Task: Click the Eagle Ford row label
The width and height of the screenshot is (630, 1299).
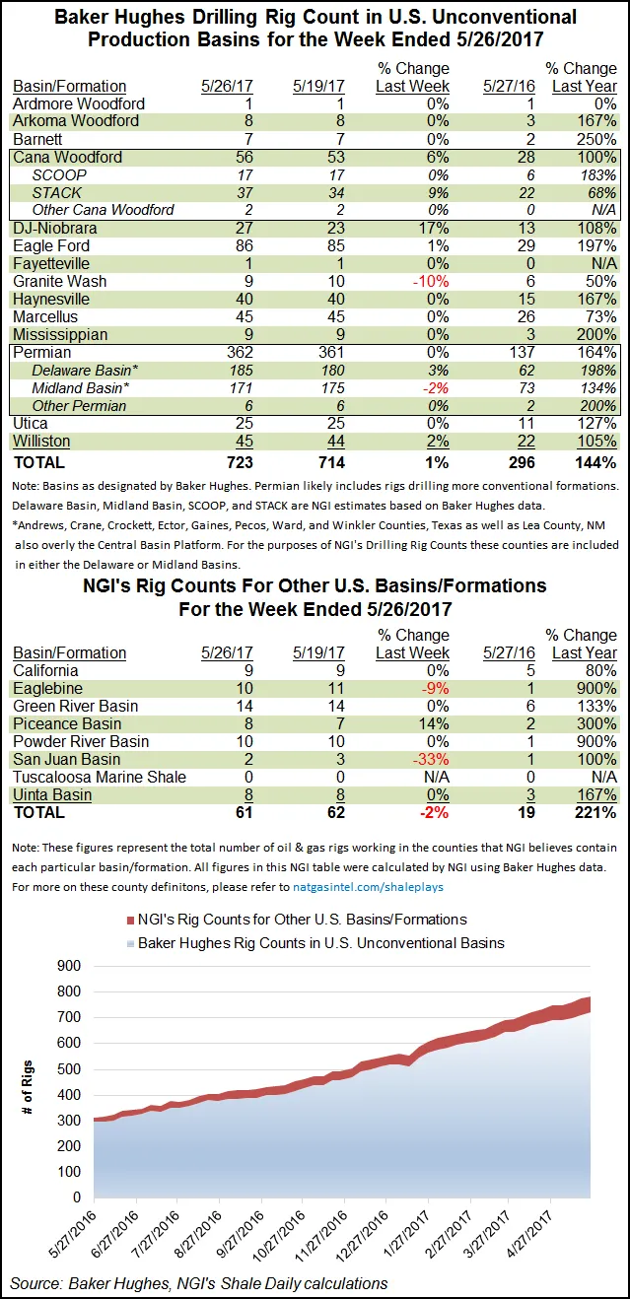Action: (x=50, y=245)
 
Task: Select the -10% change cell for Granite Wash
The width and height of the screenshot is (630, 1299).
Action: (x=430, y=281)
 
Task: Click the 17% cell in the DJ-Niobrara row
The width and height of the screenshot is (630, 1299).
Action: (x=433, y=228)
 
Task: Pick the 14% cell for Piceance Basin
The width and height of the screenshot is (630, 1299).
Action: (x=433, y=723)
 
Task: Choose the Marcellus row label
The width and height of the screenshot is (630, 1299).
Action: (x=45, y=316)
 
